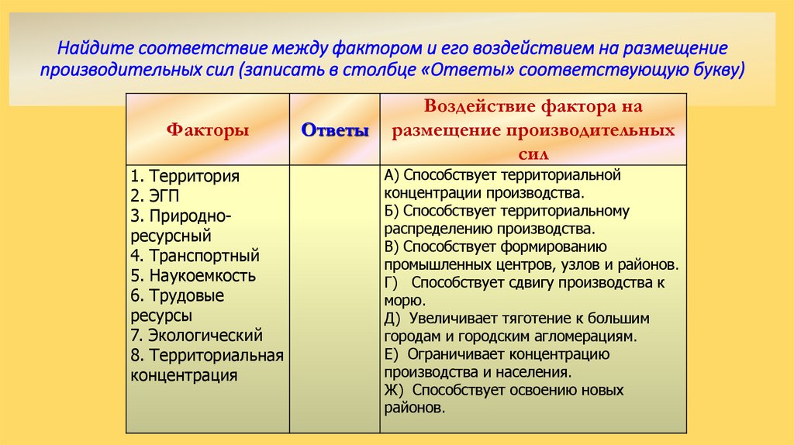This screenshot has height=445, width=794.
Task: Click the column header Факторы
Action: (208, 130)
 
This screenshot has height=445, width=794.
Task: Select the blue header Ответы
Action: (334, 130)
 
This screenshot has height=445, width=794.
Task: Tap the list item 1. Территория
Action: (185, 176)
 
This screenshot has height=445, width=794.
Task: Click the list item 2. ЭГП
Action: (155, 196)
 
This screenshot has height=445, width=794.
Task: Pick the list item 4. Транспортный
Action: (195, 256)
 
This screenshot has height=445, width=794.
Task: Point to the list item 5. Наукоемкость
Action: (193, 276)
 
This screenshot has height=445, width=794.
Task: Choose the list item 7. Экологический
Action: (196, 336)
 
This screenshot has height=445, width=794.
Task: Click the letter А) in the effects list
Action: (392, 175)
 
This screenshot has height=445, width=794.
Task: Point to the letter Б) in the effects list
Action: (392, 211)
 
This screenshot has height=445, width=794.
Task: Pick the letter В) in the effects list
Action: (392, 247)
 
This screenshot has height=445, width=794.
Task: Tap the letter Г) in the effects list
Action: (391, 283)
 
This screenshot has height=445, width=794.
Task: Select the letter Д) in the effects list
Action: (392, 319)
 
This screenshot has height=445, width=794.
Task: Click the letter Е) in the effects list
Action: (391, 354)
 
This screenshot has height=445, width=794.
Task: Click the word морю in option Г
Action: (402, 300)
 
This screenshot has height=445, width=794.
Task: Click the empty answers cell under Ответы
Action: (334, 298)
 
